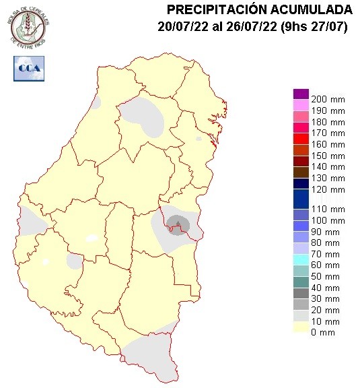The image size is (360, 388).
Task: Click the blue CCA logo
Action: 29,67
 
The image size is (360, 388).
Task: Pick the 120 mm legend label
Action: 328,190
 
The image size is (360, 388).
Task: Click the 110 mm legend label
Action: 328,209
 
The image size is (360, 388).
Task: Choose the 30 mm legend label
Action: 326,299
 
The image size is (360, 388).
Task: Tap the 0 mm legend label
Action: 323,333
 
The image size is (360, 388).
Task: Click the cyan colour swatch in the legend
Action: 300,258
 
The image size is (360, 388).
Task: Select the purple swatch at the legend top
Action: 300,94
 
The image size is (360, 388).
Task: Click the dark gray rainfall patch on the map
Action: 178,223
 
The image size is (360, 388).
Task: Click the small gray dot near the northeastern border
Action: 199,139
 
